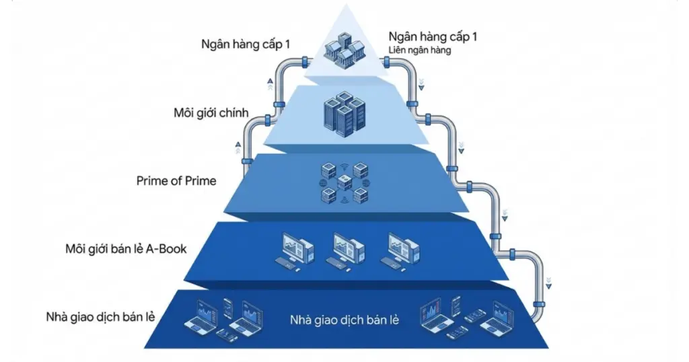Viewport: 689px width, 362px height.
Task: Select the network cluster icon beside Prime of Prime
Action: tap(344, 182)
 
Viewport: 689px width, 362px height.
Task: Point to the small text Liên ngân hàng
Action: tap(419, 49)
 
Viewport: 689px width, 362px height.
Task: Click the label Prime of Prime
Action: tap(176, 180)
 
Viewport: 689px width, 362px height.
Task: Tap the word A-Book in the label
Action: tap(166, 249)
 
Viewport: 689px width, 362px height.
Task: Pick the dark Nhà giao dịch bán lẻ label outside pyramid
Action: tap(98, 316)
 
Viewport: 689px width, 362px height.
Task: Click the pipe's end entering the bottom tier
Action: tap(536, 314)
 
